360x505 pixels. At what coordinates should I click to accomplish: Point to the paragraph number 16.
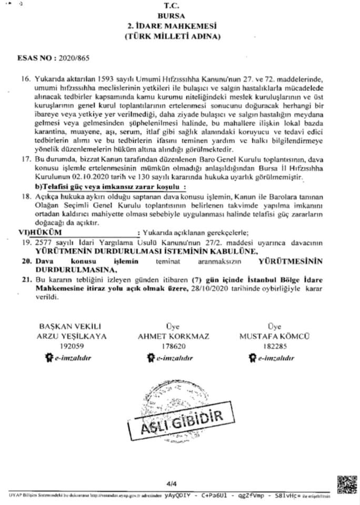coord(25,78)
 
